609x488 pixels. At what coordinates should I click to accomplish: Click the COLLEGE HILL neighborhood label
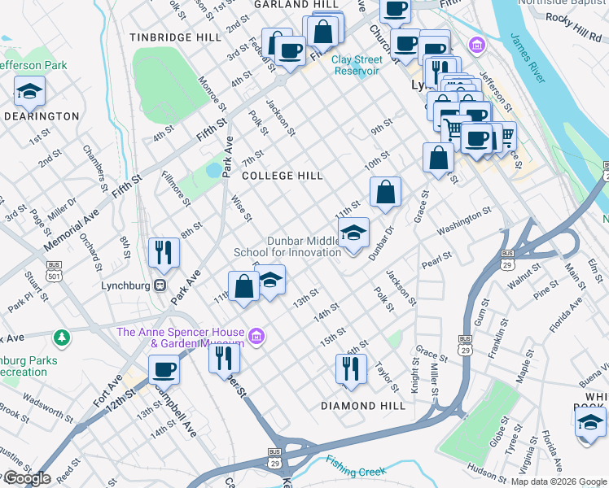[283, 176]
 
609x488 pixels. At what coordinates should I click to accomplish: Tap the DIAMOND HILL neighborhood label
[362, 406]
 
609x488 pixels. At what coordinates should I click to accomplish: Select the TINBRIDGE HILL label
[175, 37]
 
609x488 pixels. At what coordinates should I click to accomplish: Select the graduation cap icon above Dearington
[29, 92]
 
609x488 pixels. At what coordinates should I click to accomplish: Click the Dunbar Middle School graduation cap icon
[353, 234]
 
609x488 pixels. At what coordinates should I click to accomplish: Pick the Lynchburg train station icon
[161, 286]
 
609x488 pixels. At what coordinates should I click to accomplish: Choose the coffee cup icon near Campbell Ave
[164, 371]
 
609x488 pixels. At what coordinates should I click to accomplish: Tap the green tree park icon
[61, 337]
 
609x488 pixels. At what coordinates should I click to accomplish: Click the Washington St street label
[464, 220]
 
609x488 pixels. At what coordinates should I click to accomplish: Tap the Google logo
[26, 478]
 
